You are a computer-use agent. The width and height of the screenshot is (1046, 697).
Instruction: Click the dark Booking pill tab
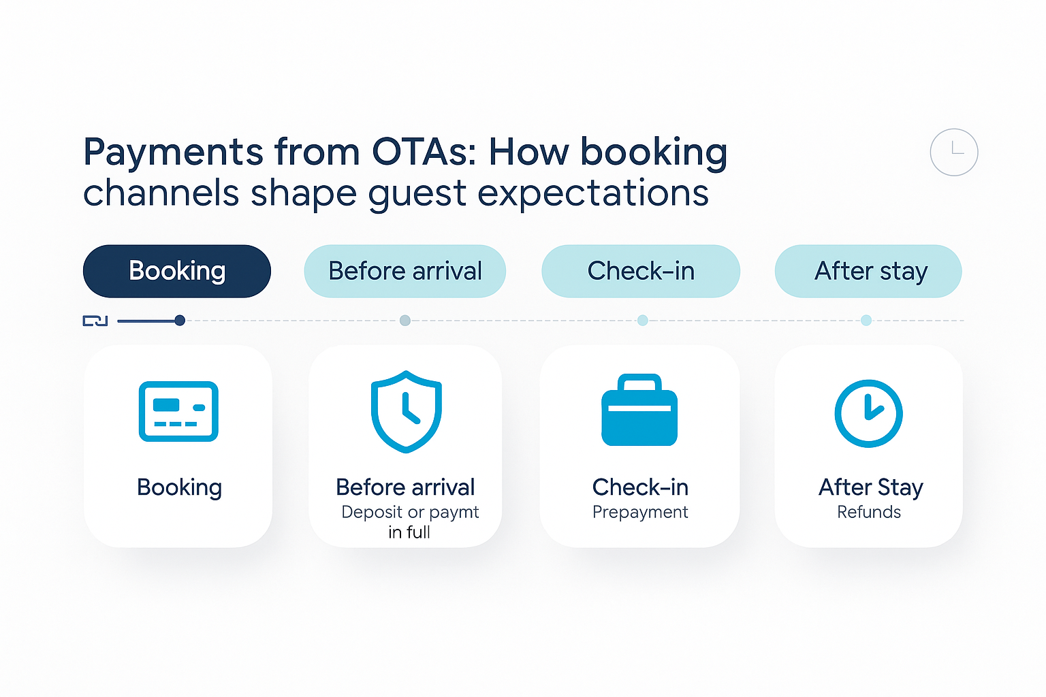177,271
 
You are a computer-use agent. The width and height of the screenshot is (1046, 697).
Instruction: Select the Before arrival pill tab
405,271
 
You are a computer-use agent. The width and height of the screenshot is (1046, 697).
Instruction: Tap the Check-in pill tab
641,271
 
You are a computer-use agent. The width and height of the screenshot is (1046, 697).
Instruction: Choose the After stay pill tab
868,271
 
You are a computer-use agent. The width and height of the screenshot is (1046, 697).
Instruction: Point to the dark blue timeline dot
180,321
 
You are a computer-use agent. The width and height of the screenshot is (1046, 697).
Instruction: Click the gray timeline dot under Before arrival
405,321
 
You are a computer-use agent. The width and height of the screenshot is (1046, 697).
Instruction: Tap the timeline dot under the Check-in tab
643,321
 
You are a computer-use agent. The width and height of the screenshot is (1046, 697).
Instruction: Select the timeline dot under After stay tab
866,321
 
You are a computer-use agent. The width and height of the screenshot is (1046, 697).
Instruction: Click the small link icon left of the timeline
95,321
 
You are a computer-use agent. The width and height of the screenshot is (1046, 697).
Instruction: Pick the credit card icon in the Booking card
178,411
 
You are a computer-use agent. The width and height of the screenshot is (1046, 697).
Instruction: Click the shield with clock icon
407,412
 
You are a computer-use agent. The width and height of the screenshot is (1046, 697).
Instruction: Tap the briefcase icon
639,410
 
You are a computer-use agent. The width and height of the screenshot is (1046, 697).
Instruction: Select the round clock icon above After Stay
868,414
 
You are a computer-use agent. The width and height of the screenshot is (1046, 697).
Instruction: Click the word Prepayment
640,512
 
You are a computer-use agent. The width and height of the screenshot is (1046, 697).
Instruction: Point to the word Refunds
869,512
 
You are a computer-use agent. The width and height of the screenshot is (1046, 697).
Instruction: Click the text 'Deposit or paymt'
410,512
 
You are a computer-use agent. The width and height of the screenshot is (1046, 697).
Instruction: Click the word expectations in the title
593,193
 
